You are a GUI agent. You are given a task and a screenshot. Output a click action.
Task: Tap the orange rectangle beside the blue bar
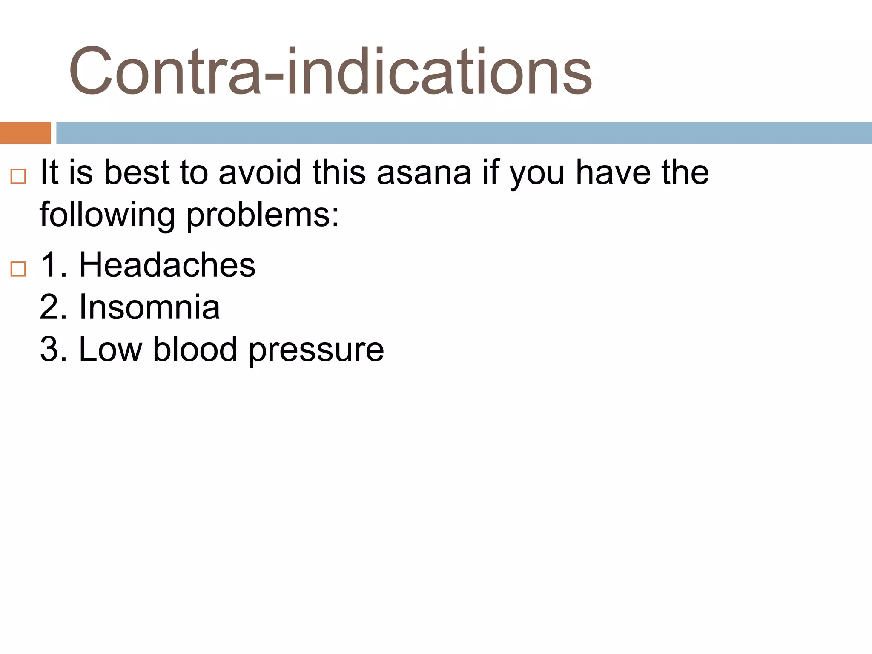tap(25, 133)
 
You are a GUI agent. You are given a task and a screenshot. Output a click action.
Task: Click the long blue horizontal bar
tap(463, 133)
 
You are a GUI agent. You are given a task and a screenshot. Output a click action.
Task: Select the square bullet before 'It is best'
tap(18, 176)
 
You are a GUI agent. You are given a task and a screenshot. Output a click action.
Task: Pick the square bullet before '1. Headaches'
tap(18, 269)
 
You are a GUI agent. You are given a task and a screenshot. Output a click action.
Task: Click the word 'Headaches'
tap(167, 265)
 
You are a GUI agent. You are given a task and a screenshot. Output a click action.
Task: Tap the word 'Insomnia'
tap(149, 307)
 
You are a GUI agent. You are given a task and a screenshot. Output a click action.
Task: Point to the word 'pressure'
tap(316, 350)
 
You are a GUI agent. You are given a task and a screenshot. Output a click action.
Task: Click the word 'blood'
tap(195, 349)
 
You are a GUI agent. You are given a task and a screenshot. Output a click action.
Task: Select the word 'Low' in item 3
tap(110, 349)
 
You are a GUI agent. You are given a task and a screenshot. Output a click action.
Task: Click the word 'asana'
tap(424, 173)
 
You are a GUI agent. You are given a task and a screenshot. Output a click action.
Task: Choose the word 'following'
tap(107, 215)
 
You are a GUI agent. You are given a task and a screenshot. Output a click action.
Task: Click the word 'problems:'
tap(263, 215)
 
